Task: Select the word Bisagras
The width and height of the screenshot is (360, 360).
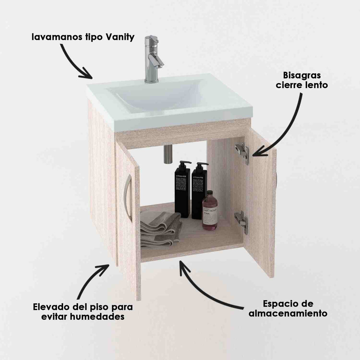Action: (x=302, y=75)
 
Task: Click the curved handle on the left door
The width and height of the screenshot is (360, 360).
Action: (x=128, y=197)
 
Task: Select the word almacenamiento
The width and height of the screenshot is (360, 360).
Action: (x=288, y=313)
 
